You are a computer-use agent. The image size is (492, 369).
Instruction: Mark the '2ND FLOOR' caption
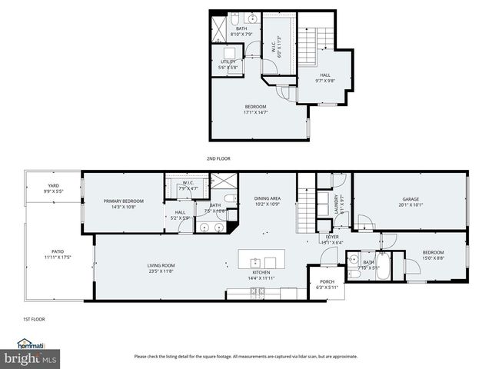[x=218, y=158]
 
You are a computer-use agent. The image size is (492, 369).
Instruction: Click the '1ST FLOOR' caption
[x=34, y=318]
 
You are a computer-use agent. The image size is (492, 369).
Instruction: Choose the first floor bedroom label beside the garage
[x=433, y=254]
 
